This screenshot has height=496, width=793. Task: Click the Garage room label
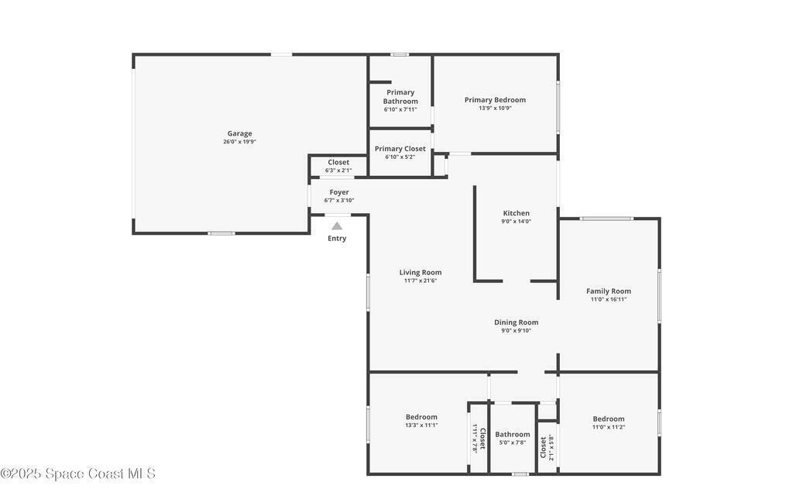(x=240, y=133)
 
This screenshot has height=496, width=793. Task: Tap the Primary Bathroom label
(x=400, y=97)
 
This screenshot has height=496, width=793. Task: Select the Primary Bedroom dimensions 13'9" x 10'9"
(x=495, y=108)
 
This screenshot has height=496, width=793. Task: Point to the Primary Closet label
(x=400, y=149)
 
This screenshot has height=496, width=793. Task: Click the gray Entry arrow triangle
(x=337, y=226)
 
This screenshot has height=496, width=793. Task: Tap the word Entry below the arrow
(x=337, y=239)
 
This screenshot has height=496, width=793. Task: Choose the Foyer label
(x=339, y=192)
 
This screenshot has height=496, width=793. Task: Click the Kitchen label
(x=517, y=213)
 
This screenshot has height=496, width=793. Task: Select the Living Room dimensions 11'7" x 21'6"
(x=421, y=281)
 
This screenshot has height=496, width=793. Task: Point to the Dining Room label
(x=517, y=322)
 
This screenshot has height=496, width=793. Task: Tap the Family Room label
(x=609, y=291)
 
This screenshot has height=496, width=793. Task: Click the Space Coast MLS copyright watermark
(x=78, y=474)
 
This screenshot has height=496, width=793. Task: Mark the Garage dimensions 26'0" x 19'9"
(x=240, y=142)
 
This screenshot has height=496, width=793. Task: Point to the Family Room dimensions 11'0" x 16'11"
(x=609, y=299)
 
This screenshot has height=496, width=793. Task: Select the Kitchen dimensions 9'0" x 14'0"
(x=517, y=221)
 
